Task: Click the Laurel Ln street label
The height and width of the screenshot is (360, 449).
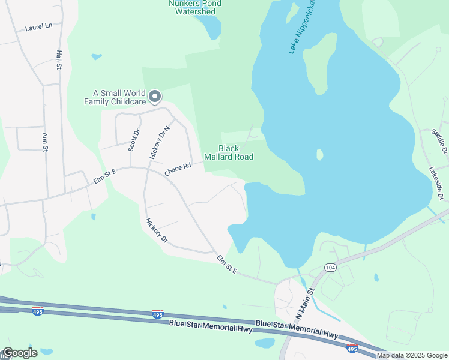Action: [39, 27]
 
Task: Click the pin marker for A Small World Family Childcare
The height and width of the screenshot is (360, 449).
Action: [155, 96]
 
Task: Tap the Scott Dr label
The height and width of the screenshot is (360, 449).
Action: [136, 140]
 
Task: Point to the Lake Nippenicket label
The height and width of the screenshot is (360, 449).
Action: [302, 28]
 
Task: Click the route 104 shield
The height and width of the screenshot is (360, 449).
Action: [330, 266]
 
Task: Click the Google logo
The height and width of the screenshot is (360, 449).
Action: [20, 353]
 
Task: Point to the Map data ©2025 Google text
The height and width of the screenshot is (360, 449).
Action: [412, 356]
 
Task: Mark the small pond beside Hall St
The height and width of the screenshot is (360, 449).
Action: [96, 57]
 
